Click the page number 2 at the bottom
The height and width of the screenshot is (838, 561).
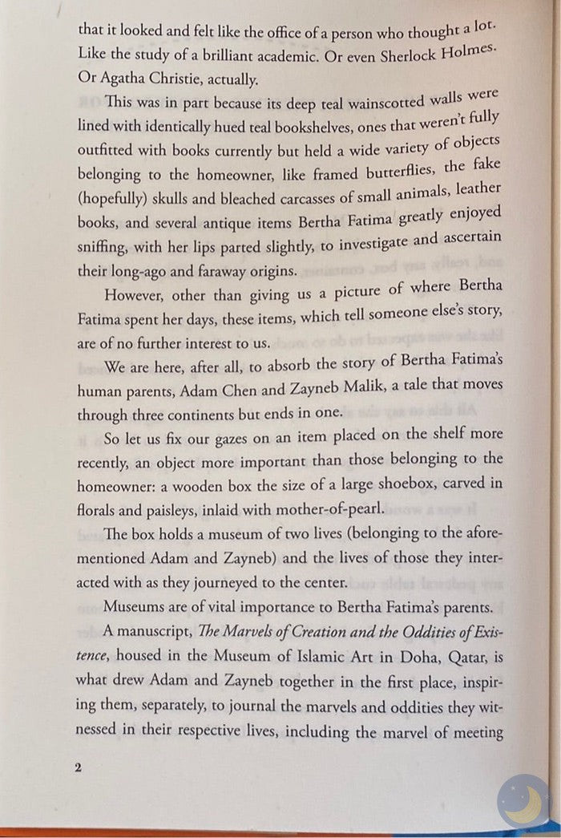click(79, 767)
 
